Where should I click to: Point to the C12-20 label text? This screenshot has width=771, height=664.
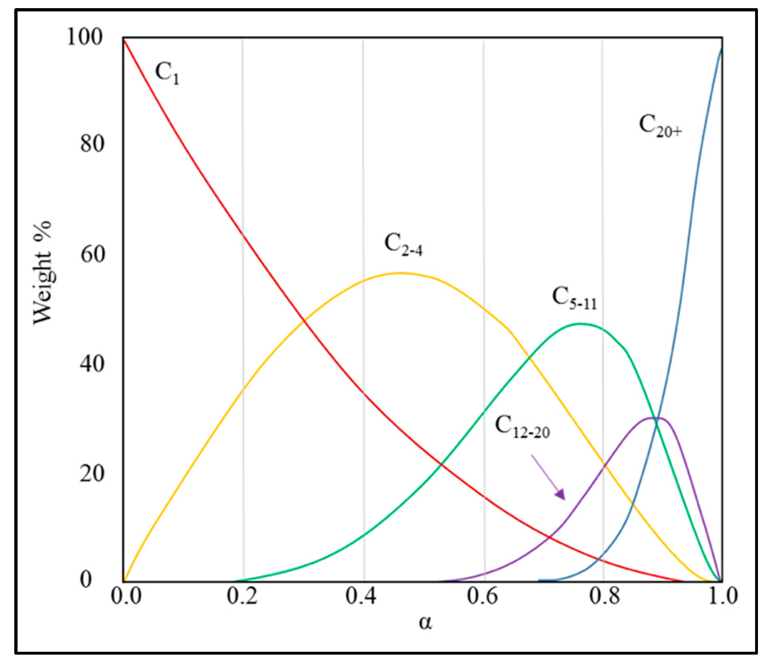[522, 427]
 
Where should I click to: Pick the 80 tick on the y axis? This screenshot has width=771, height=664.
[92, 143]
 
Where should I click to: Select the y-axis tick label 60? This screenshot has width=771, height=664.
[92, 254]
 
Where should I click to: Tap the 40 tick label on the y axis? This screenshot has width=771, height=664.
[92, 364]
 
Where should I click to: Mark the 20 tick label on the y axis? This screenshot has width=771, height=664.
[92, 473]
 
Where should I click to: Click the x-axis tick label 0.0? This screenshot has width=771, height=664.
[126, 596]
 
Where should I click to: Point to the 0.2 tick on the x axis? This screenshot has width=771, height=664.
[242, 596]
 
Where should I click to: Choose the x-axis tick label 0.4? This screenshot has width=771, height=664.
[361, 596]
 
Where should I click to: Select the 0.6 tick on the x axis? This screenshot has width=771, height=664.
[482, 596]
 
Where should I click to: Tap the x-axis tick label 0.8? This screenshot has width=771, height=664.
[604, 596]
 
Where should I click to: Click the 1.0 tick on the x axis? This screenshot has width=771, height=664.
[722, 596]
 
